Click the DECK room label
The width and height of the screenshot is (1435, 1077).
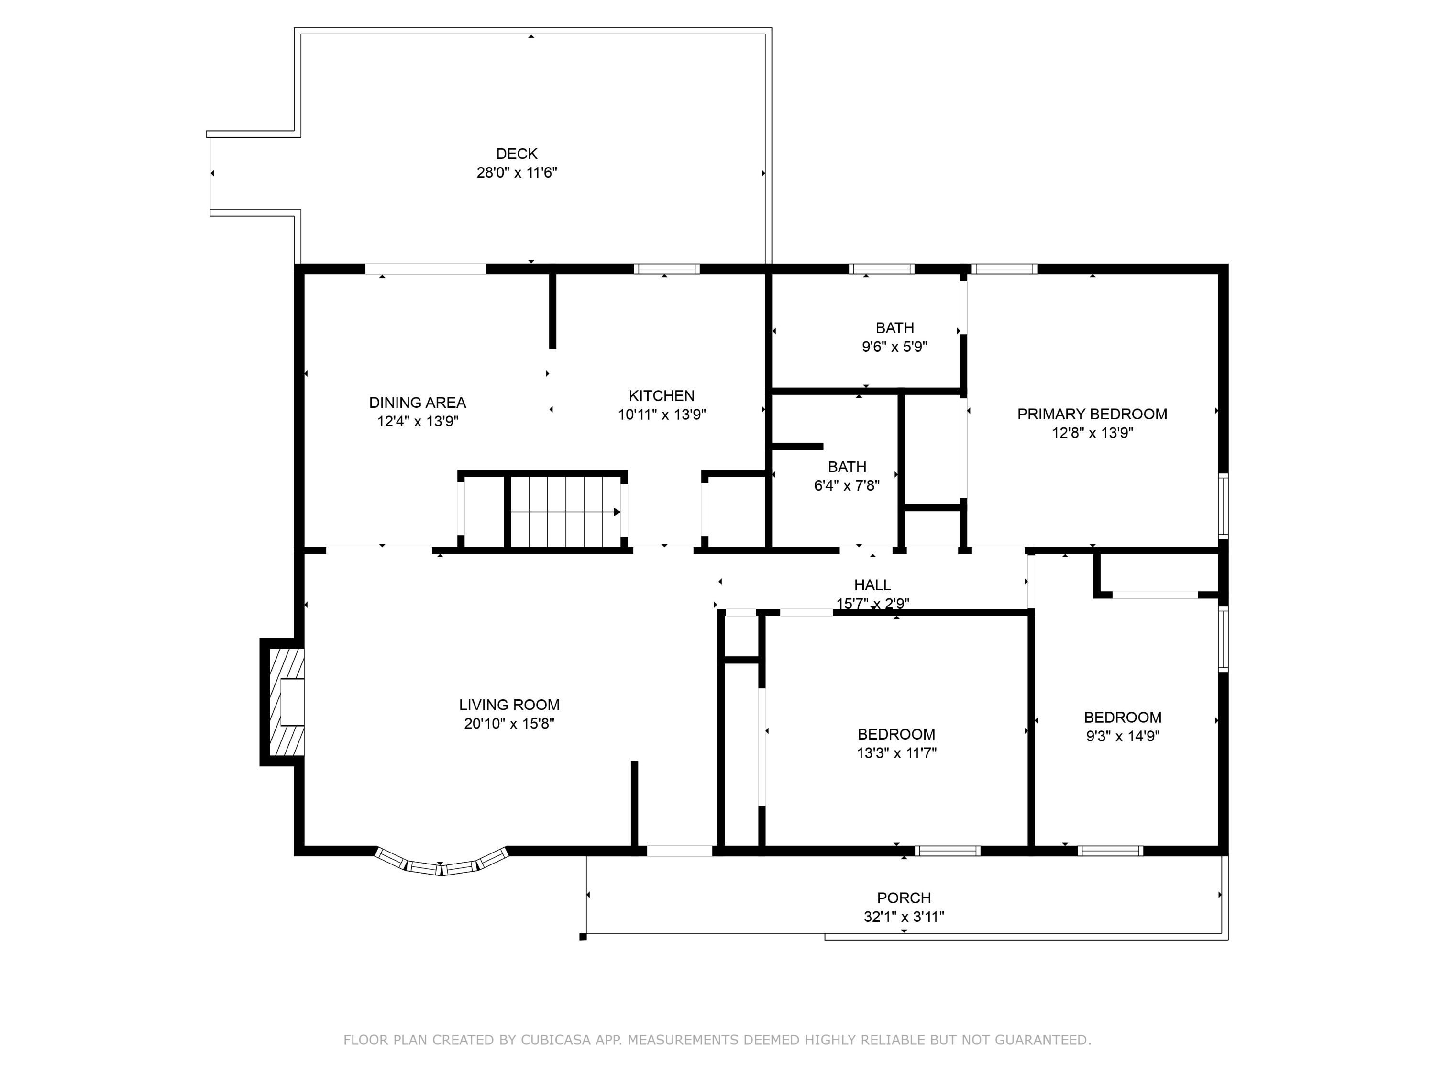pos(517,154)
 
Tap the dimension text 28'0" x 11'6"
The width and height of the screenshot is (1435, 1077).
pos(517,173)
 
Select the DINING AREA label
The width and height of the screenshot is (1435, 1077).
pos(418,403)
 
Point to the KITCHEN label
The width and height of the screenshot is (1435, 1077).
pos(662,395)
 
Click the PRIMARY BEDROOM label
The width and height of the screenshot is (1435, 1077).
pos(1092,414)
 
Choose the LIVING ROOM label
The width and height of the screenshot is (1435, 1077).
pos(509,705)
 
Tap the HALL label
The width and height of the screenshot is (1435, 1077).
pos(872,585)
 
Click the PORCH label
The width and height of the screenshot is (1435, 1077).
pos(904,898)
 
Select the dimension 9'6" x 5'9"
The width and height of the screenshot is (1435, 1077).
pos(894,347)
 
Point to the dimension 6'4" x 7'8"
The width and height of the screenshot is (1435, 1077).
pos(847,485)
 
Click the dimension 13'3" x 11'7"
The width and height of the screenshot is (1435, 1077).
pos(896,753)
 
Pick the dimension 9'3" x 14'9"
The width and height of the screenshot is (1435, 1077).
pos(1123,736)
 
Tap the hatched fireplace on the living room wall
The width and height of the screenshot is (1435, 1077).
pos(283,702)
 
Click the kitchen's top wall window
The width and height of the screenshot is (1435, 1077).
pos(667,269)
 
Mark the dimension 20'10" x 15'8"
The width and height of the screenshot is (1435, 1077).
pos(509,723)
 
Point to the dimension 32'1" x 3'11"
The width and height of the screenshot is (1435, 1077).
pos(904,917)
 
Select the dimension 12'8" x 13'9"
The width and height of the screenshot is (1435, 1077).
pos(1093,432)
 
